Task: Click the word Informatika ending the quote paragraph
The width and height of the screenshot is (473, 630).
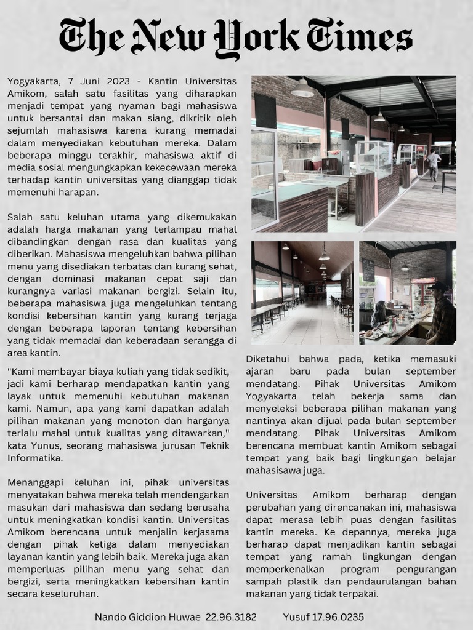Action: click(34, 458)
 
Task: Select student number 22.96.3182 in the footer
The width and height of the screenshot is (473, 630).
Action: click(231, 616)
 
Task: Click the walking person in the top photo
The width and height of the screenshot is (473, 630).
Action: click(434, 164)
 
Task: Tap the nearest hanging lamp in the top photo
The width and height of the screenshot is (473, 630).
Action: click(302, 89)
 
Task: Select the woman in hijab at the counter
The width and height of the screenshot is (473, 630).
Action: click(378, 314)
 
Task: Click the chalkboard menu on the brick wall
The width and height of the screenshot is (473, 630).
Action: click(368, 269)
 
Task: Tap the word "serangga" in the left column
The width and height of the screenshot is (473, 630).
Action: click(185, 341)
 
